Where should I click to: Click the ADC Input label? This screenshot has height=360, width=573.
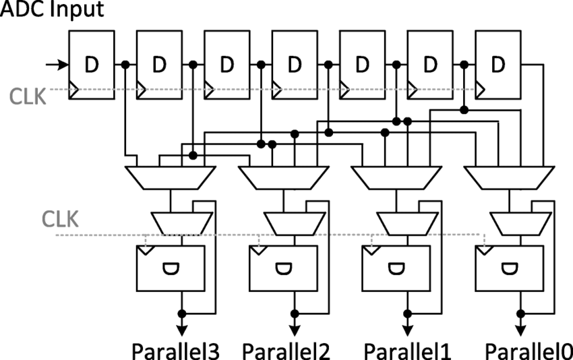coord(53,11)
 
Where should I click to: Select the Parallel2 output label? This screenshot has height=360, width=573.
coord(287,351)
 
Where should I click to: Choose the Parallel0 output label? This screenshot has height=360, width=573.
coord(528,351)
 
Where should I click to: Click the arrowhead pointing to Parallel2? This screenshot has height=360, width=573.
coord(294,330)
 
